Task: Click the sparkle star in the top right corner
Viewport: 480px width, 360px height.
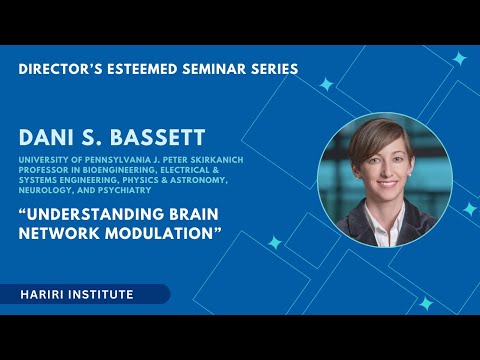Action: (458, 58)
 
